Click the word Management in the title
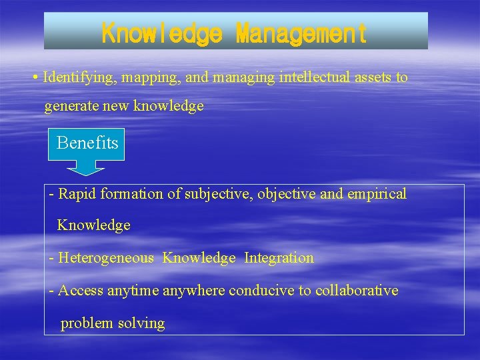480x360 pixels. tap(301, 33)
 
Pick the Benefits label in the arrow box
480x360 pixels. tap(87, 143)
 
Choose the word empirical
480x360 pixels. tap(377, 194)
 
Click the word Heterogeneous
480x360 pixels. tap(106, 258)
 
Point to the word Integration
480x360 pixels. tap(279, 258)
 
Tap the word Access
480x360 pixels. tap(79, 291)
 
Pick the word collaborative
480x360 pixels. tap(357, 291)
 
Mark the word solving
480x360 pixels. tap(141, 323)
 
